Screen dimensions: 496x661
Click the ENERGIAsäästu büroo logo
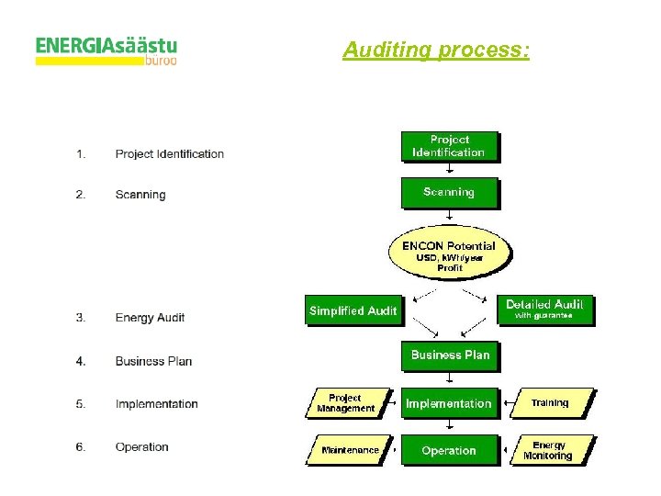click(x=106, y=50)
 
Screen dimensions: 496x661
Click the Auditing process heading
click(x=436, y=50)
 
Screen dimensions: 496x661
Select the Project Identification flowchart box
click(x=449, y=146)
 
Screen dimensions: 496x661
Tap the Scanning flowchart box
click(x=449, y=193)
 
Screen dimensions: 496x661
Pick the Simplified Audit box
click(x=353, y=310)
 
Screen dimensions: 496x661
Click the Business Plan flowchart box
click(x=450, y=355)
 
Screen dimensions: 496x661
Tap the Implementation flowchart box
click(x=449, y=403)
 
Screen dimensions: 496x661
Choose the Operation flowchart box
click(x=449, y=451)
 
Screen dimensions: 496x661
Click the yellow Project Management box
click(x=345, y=403)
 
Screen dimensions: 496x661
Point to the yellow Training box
click(x=550, y=403)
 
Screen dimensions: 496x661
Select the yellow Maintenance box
click(x=349, y=451)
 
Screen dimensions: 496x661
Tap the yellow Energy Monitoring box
click(x=549, y=451)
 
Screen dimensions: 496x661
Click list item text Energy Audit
click(x=150, y=318)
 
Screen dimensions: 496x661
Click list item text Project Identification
click(x=170, y=154)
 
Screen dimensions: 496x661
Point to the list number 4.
click(x=81, y=361)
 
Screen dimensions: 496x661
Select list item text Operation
click(x=142, y=447)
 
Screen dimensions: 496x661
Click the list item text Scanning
click(x=140, y=195)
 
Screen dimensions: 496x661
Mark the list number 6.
click(x=81, y=447)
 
